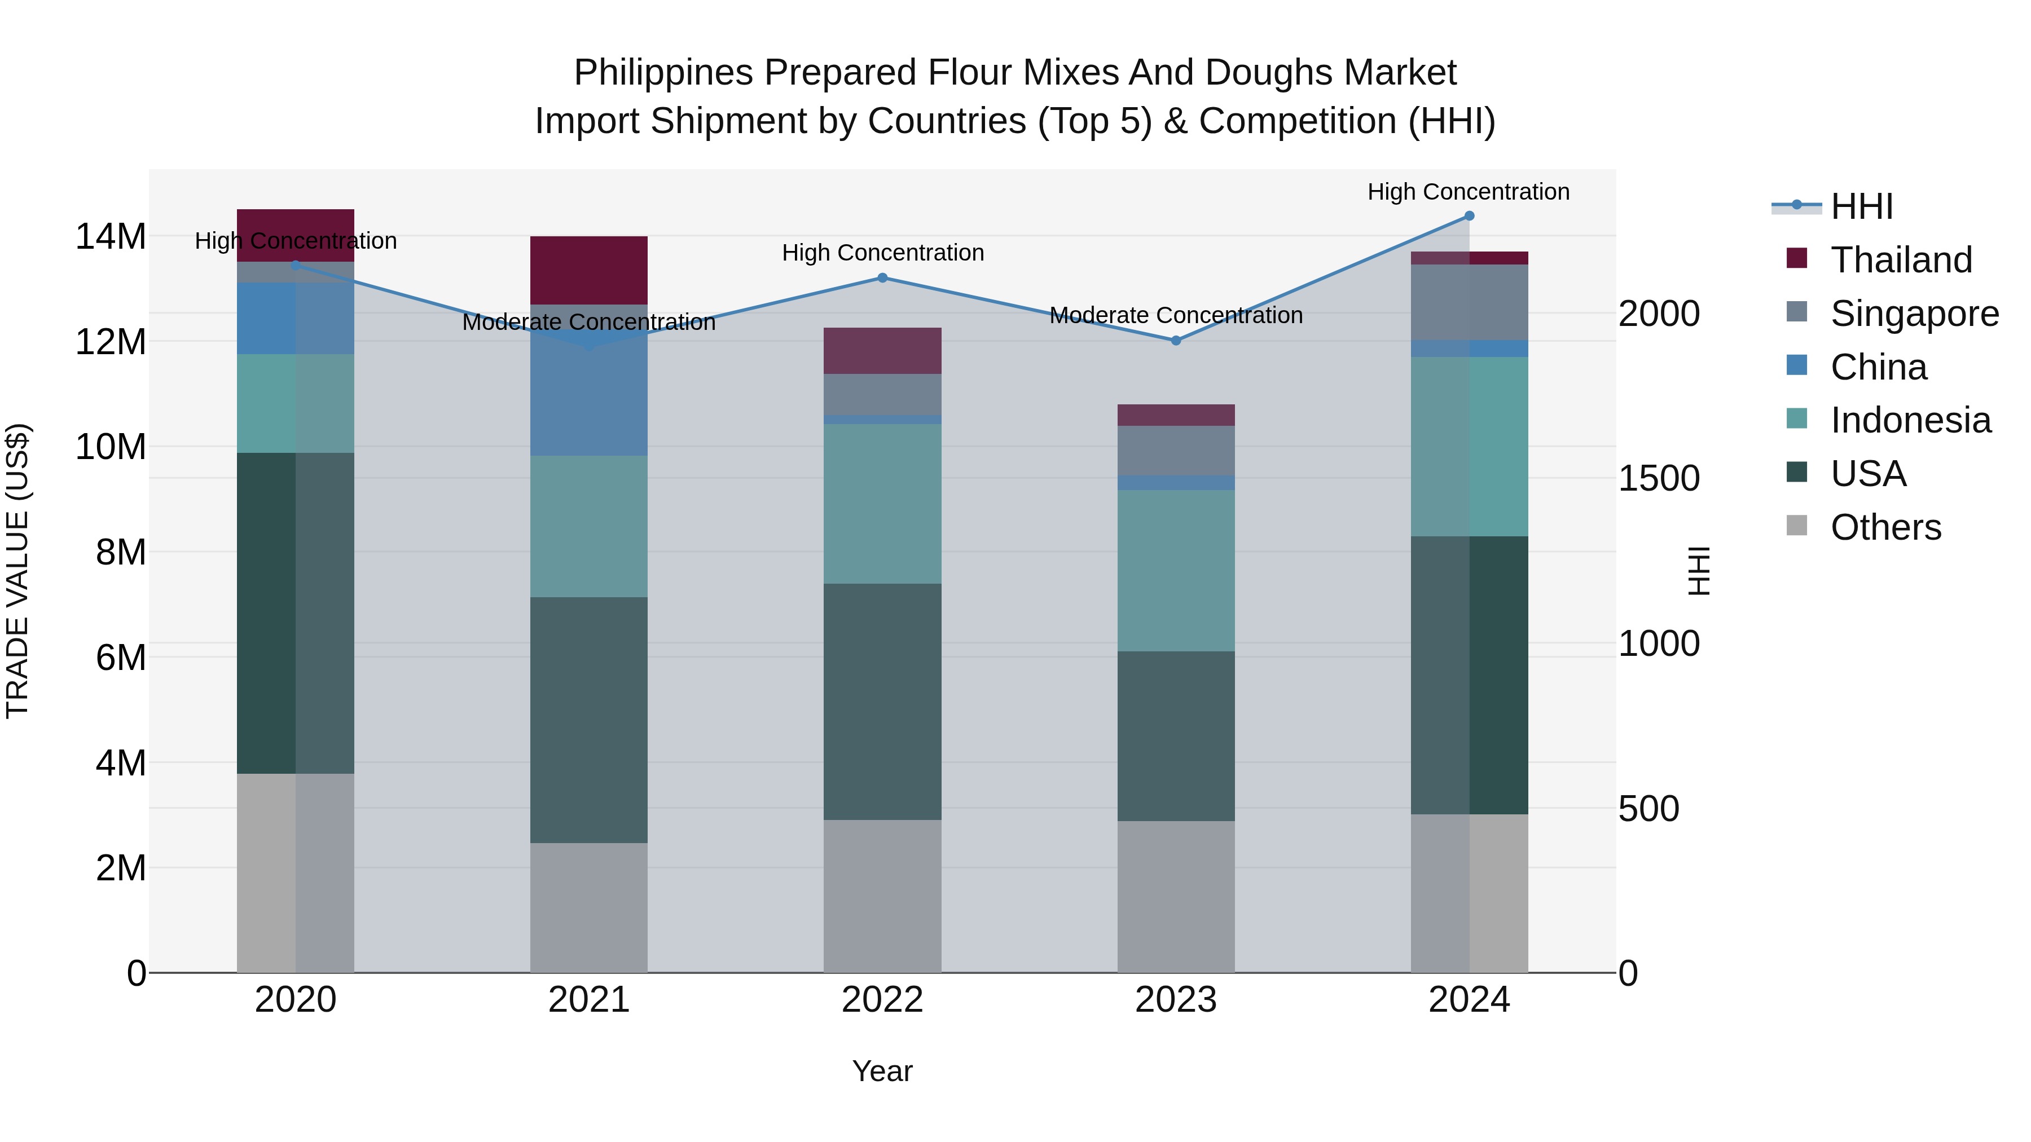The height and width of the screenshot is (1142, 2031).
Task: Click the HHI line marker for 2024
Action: point(1469,216)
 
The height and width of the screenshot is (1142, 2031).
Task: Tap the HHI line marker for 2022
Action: point(882,277)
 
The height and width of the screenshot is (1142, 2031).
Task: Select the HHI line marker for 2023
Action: point(1176,341)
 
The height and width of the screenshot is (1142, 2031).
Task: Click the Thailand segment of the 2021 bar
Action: point(589,270)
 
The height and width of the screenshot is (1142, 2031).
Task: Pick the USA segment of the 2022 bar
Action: point(882,702)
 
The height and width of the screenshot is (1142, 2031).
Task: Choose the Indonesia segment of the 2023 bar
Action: point(1176,571)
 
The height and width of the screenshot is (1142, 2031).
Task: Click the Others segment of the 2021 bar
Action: point(589,907)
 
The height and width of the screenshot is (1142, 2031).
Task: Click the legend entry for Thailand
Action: point(1901,260)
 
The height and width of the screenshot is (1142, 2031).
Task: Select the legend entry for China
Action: point(1878,367)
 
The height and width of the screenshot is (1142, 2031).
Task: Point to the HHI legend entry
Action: point(1861,206)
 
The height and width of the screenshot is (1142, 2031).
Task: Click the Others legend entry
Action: point(1885,527)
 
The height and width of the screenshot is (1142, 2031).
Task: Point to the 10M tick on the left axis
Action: point(111,447)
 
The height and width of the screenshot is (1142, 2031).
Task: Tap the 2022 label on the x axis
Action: point(882,1000)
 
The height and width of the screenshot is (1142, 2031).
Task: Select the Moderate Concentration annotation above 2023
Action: point(1176,315)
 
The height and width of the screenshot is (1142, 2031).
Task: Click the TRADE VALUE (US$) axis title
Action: point(17,571)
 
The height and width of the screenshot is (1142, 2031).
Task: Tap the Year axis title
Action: point(882,1071)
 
